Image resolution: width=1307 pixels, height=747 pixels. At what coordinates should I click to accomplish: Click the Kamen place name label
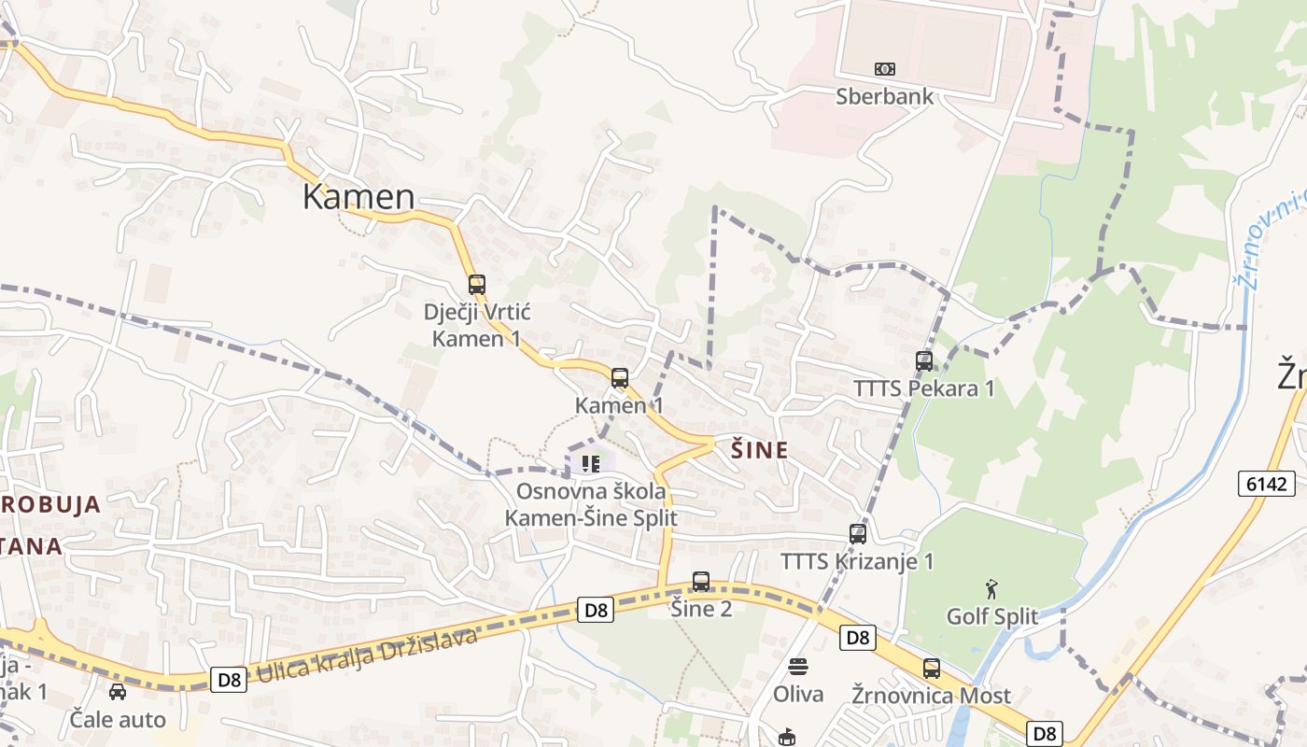click(358, 196)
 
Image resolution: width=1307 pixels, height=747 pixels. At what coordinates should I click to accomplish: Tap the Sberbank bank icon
click(884, 69)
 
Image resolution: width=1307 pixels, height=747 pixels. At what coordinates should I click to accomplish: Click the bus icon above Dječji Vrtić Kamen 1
click(477, 284)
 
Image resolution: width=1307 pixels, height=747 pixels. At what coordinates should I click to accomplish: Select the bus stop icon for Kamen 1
click(620, 378)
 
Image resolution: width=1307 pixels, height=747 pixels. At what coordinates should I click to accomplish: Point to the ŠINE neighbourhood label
click(759, 451)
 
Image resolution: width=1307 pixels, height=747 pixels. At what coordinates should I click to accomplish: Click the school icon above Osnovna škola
click(590, 463)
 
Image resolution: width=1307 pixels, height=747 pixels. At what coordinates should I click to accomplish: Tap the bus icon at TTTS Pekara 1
click(924, 360)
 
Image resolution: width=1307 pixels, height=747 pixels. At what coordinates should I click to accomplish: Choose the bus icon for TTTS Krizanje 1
click(858, 534)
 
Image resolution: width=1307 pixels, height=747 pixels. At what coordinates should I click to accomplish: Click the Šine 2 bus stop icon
click(701, 582)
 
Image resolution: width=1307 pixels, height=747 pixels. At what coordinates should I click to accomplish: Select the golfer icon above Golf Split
click(991, 589)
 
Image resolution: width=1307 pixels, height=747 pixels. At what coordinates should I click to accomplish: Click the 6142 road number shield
click(1268, 484)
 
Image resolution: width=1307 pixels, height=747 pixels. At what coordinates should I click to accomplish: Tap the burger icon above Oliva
click(797, 667)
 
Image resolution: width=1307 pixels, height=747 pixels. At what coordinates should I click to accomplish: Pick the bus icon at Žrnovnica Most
click(931, 669)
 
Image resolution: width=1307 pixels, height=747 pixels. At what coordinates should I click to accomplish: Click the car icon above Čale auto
click(118, 692)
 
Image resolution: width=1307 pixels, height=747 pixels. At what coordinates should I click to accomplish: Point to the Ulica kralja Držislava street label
click(367, 655)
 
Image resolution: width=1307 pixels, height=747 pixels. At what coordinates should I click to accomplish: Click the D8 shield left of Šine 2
click(596, 611)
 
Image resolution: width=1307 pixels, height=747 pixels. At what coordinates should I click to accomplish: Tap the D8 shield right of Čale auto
click(229, 679)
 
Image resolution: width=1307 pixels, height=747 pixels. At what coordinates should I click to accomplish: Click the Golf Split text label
click(991, 616)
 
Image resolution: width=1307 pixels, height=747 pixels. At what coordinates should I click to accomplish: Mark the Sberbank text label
click(883, 95)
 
